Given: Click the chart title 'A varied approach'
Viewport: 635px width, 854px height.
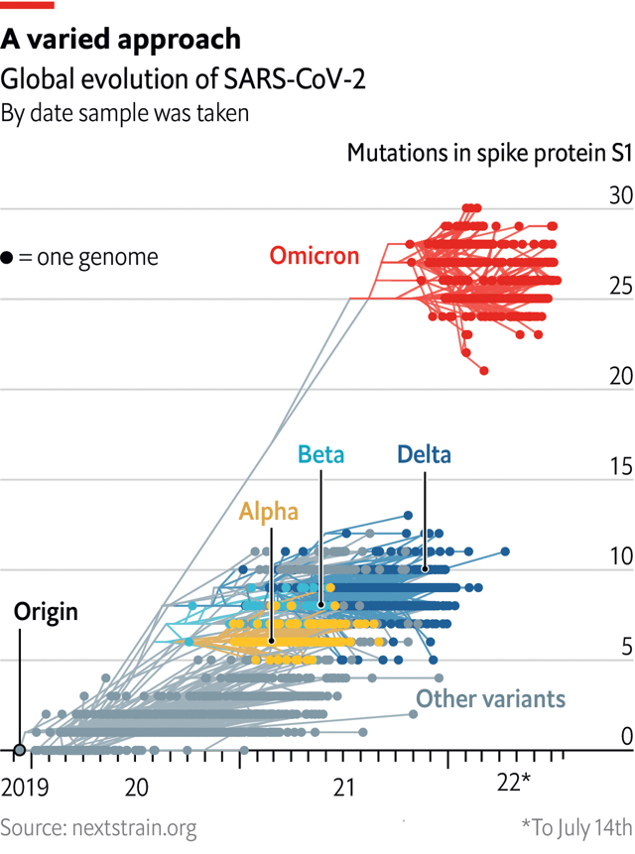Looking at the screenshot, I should tap(120, 39).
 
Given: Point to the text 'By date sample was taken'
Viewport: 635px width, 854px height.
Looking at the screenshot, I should tap(124, 113).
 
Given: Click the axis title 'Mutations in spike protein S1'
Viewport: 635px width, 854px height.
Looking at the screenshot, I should tap(489, 153).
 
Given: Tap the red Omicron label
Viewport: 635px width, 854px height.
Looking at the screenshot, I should tap(315, 256).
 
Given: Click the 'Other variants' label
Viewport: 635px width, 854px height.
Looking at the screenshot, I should tap(490, 698).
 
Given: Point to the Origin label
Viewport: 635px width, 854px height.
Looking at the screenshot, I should tap(46, 611).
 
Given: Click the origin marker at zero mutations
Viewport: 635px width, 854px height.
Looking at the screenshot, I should tap(20, 750).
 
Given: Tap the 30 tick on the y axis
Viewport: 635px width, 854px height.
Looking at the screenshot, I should tap(620, 196).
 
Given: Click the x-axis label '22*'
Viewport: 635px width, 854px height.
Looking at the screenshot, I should tap(514, 784).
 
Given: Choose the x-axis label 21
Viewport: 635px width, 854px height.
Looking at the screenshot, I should tap(343, 787).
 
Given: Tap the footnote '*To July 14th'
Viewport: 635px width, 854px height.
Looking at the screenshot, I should tap(575, 826).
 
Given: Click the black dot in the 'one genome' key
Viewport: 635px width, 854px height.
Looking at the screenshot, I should tap(8, 258).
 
